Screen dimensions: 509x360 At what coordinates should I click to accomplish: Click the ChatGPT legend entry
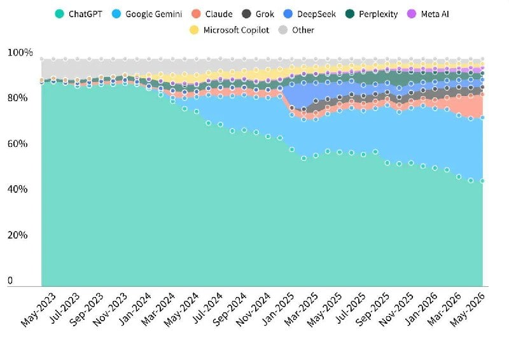[78, 14]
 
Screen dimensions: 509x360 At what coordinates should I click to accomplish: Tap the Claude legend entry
[212, 14]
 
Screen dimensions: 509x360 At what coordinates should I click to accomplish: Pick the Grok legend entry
[258, 14]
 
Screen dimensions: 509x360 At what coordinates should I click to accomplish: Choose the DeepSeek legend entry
[309, 14]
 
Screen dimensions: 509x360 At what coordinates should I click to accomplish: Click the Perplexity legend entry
[372, 14]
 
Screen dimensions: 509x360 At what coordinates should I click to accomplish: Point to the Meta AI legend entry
[428, 14]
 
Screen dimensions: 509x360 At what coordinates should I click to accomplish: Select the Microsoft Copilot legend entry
[229, 30]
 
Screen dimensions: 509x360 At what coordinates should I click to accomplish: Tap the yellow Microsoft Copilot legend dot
[194, 30]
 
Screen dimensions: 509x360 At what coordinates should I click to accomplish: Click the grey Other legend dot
[283, 30]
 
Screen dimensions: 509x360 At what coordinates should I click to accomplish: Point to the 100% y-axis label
[20, 52]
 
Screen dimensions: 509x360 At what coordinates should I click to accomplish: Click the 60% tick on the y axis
[18, 144]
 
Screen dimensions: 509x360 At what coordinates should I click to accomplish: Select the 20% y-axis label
[18, 235]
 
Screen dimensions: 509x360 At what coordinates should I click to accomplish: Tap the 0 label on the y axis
[10, 280]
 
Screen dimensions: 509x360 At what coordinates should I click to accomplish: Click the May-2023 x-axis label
[39, 309]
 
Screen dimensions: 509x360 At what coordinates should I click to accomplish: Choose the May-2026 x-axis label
[468, 309]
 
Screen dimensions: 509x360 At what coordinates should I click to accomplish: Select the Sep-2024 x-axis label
[230, 309]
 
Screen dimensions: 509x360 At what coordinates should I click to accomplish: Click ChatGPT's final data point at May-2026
[482, 181]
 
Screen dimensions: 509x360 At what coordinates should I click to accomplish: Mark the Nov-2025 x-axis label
[396, 309]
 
